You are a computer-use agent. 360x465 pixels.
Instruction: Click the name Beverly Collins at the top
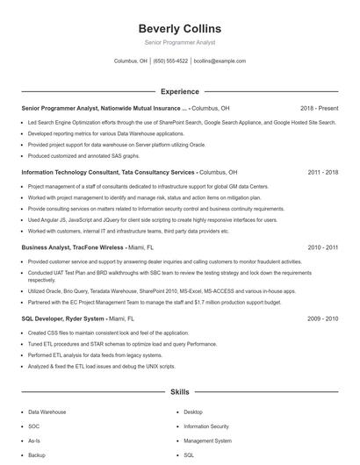[x=179, y=29]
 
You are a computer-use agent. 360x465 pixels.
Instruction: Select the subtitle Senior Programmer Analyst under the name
[x=179, y=42]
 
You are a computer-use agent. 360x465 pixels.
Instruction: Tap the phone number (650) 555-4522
[x=170, y=61]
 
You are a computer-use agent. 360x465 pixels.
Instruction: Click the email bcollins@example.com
[x=220, y=61]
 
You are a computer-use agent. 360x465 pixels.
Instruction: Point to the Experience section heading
[x=179, y=91]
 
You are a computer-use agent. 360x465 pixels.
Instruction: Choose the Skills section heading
[x=179, y=392]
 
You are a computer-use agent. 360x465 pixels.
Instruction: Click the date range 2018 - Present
[x=319, y=108]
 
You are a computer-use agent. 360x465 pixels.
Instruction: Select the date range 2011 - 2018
[x=323, y=172]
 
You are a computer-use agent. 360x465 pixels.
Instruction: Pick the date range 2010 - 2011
[x=323, y=247]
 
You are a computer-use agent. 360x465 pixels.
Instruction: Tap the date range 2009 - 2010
[x=323, y=318]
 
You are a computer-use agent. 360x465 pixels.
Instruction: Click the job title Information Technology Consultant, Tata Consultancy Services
[x=108, y=172]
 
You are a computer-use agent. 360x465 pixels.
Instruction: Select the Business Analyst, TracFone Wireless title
[x=72, y=247]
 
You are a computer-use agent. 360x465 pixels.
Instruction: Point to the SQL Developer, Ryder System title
[x=62, y=318]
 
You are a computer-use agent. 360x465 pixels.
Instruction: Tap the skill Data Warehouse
[x=47, y=411]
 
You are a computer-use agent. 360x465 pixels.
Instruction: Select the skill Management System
[x=207, y=440]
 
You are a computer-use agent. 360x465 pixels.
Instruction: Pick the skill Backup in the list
[x=37, y=455]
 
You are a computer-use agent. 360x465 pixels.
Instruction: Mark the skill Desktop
[x=193, y=411]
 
